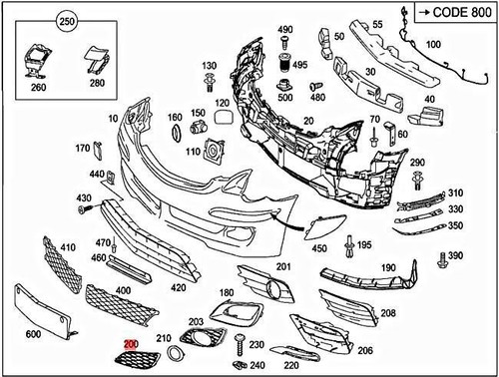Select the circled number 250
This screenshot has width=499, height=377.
click(67, 21)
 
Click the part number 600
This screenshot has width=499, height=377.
click(33, 333)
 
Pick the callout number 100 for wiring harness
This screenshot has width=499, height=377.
click(433, 46)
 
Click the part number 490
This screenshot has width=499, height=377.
click(284, 30)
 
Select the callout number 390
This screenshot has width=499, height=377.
click(456, 256)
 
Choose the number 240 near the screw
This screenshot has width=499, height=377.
click(257, 364)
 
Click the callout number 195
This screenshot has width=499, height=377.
click(364, 245)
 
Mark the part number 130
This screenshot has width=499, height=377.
click(209, 66)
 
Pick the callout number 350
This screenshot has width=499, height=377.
click(455, 225)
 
